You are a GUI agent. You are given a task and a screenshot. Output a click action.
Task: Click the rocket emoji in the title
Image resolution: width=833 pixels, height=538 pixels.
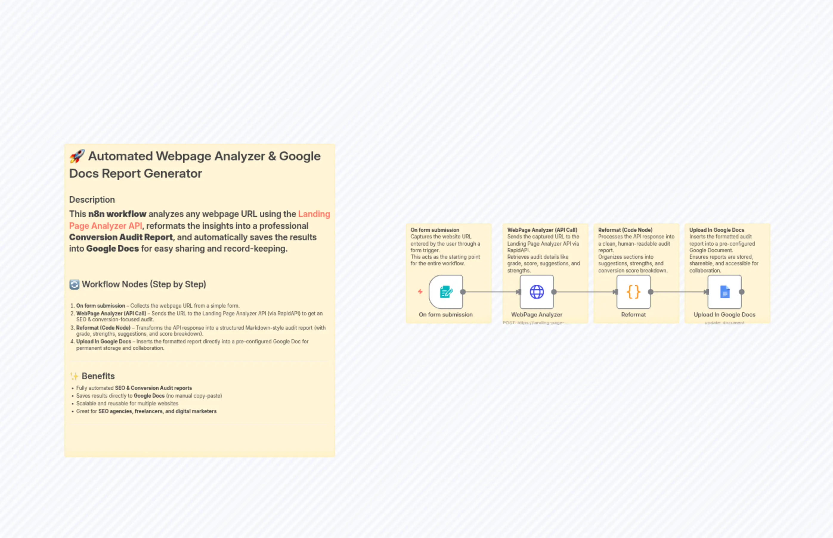[77, 156]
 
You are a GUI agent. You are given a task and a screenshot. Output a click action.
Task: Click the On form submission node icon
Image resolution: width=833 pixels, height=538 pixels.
[446, 292]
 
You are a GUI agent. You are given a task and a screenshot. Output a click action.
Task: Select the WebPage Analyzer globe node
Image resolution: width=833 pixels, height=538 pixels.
[537, 292]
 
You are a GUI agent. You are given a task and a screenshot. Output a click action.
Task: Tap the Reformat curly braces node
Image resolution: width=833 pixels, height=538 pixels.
[633, 292]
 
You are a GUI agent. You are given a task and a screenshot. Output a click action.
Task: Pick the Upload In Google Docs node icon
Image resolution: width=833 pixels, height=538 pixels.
[724, 292]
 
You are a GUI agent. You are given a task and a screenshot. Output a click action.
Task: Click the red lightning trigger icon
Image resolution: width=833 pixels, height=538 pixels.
[420, 292]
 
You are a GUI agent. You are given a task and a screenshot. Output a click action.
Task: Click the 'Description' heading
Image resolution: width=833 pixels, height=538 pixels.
[92, 199]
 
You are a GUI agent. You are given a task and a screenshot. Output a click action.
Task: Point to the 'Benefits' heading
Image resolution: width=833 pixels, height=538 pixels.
[98, 376]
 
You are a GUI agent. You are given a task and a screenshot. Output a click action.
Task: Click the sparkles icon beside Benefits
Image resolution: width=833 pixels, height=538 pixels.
[74, 376]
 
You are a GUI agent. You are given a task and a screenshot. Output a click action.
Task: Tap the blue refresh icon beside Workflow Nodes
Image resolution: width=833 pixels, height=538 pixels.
[74, 284]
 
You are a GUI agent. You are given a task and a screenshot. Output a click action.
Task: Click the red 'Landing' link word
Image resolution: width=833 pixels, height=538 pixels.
[314, 214]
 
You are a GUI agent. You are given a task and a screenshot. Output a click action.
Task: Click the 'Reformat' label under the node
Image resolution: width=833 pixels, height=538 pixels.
[633, 314]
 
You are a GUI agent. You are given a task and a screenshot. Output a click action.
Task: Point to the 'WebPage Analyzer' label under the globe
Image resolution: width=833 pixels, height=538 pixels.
[537, 314]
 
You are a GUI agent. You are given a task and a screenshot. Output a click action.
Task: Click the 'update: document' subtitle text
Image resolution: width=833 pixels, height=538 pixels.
[724, 323]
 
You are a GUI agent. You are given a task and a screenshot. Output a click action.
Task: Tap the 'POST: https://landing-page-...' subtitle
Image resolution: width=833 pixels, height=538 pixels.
[535, 323]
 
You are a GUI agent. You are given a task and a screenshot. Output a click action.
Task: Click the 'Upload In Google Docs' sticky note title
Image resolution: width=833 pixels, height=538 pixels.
[717, 230]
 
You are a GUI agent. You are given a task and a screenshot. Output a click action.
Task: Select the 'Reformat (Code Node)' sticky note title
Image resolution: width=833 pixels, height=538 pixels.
[625, 230]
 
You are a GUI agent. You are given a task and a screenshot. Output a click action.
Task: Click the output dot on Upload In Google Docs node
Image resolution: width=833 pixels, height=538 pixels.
[742, 292]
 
